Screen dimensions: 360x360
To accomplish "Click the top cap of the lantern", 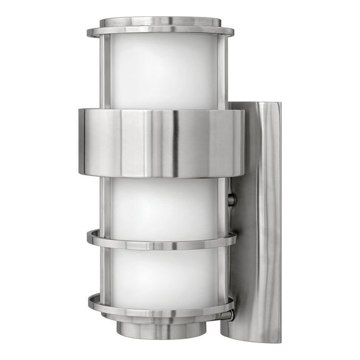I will point(160,26).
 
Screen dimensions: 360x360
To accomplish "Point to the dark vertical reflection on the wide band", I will point(174,142).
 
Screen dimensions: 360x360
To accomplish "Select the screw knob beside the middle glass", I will point(232,200).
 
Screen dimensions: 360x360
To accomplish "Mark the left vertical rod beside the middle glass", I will point(106,203).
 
